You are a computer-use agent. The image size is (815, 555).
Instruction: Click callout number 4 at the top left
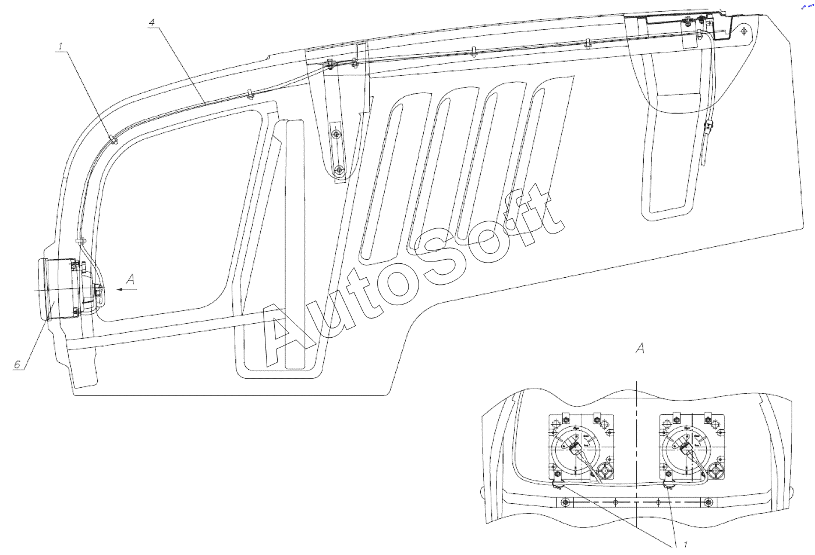(x=151, y=23)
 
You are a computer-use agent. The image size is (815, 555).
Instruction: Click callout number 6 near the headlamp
(x=17, y=364)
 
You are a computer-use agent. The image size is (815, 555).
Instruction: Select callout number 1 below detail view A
(x=686, y=545)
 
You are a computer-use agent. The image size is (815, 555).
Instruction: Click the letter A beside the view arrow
(x=130, y=281)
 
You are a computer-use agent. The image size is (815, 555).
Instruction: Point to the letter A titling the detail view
(x=640, y=349)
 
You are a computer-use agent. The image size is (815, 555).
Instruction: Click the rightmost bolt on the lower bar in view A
(x=707, y=502)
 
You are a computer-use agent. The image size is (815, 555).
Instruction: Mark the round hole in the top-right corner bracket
(x=745, y=30)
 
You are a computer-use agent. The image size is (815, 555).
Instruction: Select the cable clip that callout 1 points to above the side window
(x=113, y=139)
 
